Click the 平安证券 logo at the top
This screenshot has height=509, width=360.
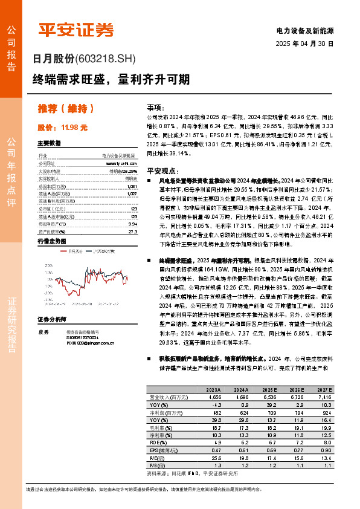pos(76,28)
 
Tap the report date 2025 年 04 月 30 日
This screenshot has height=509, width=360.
pos(304,44)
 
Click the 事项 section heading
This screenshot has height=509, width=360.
pos(155,105)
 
